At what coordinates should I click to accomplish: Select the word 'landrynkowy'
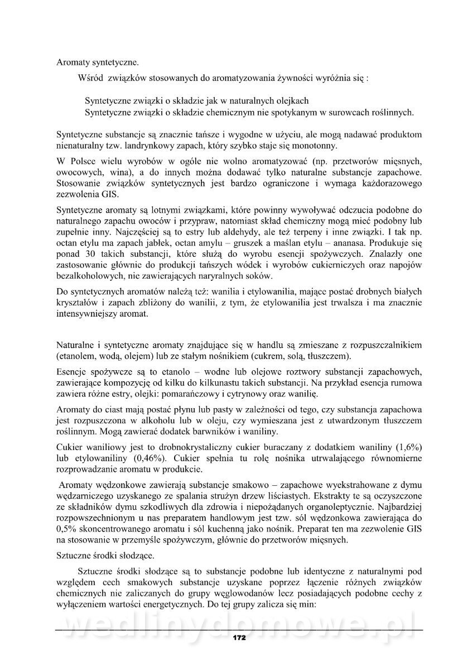point(137,147)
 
